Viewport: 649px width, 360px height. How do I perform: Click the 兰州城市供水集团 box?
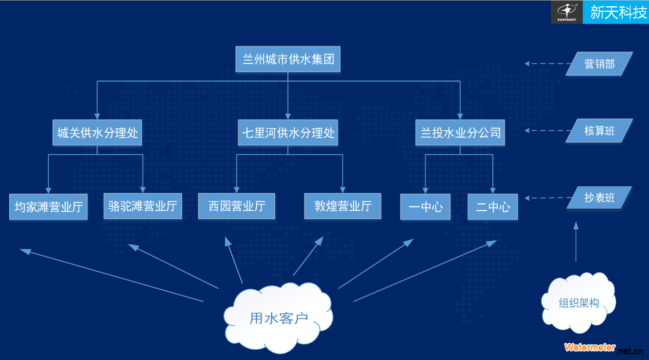(288, 59)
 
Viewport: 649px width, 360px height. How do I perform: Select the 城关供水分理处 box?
(97, 132)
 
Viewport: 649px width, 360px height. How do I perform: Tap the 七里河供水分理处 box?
(288, 132)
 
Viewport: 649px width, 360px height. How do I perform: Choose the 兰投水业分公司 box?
(460, 132)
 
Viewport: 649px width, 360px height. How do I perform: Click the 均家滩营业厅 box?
(48, 206)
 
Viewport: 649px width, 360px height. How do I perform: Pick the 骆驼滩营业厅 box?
(143, 206)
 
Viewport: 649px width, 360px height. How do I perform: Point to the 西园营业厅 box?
(236, 206)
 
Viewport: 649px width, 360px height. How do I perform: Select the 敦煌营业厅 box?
(343, 206)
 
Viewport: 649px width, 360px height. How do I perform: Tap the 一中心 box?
(425, 206)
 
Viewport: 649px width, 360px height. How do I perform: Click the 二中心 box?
(492, 206)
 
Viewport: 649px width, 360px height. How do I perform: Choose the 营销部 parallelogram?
(599, 64)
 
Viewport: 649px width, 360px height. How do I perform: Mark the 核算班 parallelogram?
(599, 131)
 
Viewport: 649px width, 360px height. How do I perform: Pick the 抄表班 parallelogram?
(599, 198)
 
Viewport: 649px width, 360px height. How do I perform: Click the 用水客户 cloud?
(278, 318)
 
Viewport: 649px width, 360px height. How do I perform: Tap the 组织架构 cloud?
(579, 302)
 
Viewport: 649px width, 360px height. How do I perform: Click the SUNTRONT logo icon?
(567, 12)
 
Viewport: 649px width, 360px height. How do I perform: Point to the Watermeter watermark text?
(589, 347)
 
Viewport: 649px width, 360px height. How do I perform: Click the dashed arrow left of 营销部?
(548, 63)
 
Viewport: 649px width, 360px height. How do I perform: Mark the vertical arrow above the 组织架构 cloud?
(576, 242)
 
